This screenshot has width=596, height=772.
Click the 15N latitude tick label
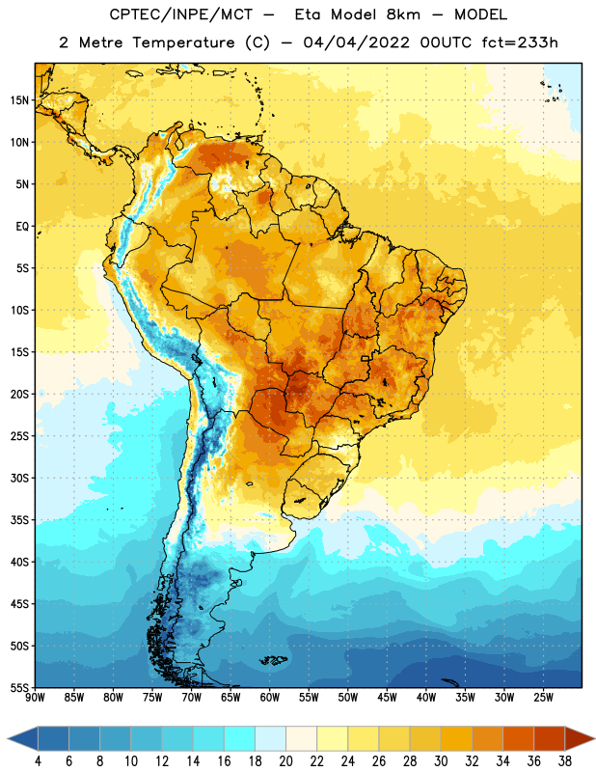tap(19, 100)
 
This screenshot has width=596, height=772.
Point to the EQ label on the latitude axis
tap(22, 227)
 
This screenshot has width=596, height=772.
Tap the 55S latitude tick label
tap(19, 687)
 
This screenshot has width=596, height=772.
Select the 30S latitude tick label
tap(19, 478)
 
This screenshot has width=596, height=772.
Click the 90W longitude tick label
tap(35, 698)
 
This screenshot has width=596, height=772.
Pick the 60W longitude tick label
tap(270, 698)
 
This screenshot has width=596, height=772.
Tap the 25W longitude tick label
tap(543, 698)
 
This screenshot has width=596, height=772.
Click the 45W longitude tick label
tap(387, 698)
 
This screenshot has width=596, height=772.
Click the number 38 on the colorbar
tap(565, 761)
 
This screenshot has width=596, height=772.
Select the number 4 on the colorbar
tap(38, 761)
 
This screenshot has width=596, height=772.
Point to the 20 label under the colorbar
tap(285, 761)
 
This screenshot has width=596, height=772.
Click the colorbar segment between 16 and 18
tap(240, 739)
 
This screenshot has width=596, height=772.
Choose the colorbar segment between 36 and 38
tap(550, 739)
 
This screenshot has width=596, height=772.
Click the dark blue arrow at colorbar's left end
tap(23, 739)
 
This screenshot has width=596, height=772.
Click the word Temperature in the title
tap(183, 42)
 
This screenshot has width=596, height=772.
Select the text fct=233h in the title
tap(520, 42)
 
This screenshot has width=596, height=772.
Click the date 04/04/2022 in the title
tap(356, 42)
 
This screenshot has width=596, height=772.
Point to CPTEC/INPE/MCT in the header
tap(181, 14)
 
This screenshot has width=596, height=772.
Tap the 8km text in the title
tap(403, 14)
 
